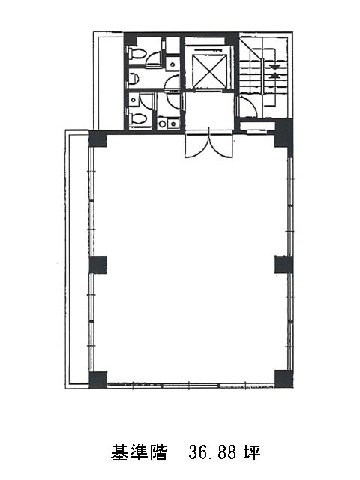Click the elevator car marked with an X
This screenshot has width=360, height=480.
(x=211, y=71)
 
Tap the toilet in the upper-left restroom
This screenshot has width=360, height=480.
(x=136, y=53)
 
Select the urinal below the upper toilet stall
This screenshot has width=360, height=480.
(x=133, y=79)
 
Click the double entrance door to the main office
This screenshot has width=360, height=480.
(x=209, y=144)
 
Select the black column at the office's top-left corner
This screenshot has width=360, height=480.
(x=97, y=139)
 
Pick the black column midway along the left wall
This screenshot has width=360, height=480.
(x=98, y=265)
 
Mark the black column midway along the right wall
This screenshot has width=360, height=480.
(x=283, y=265)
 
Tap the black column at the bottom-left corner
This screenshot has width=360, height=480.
(x=98, y=379)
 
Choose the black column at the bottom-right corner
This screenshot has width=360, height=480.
(x=283, y=379)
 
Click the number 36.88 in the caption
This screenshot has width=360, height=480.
(x=213, y=452)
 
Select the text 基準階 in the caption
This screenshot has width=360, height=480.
(x=139, y=452)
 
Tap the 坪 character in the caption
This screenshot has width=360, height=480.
(x=252, y=452)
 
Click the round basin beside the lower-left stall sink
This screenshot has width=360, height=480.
(x=162, y=124)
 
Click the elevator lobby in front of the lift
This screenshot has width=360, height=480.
(x=210, y=111)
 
